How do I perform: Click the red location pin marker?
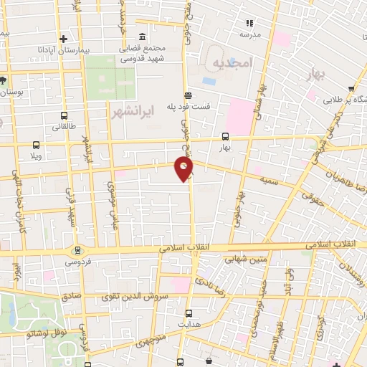(x=184, y=168)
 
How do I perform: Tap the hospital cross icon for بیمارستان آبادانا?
(x=63, y=39)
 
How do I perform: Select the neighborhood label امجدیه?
(x=233, y=63)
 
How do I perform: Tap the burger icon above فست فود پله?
(x=188, y=95)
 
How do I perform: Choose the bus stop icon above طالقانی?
(x=64, y=115)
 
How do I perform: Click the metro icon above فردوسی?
(x=77, y=250)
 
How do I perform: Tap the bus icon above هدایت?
(x=189, y=313)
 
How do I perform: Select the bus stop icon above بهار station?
(x=225, y=136)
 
